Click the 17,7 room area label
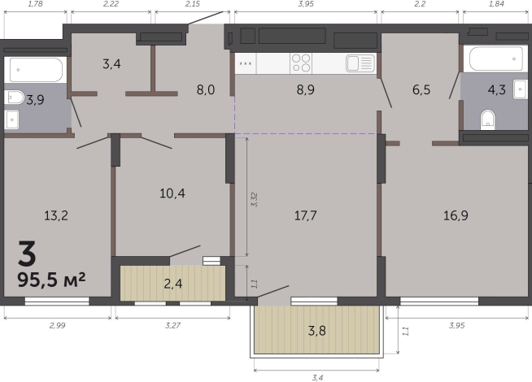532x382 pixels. (x=305, y=215)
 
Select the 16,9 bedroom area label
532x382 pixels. (x=456, y=215)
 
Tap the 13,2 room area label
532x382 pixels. (x=56, y=215)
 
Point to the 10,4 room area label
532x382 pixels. (x=172, y=193)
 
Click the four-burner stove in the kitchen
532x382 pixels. (x=301, y=63)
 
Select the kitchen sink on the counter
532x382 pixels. (x=360, y=63)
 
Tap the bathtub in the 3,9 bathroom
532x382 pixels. (x=36, y=70)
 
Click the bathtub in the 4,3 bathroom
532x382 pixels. (x=495, y=59)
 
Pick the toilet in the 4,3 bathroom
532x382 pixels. (x=487, y=119)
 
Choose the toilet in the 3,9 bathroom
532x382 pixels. (x=14, y=98)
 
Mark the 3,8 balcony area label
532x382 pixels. (x=317, y=331)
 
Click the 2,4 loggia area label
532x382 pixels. (x=173, y=284)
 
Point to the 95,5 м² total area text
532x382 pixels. (x=51, y=280)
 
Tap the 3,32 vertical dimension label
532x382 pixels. (x=254, y=200)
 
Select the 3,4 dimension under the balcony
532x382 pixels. (x=316, y=377)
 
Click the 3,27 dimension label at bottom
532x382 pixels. (x=172, y=325)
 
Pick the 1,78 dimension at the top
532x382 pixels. (x=35, y=4)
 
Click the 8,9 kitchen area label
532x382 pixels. (x=305, y=89)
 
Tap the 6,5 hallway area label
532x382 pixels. (x=421, y=89)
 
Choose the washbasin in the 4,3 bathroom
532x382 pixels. (x=520, y=89)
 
